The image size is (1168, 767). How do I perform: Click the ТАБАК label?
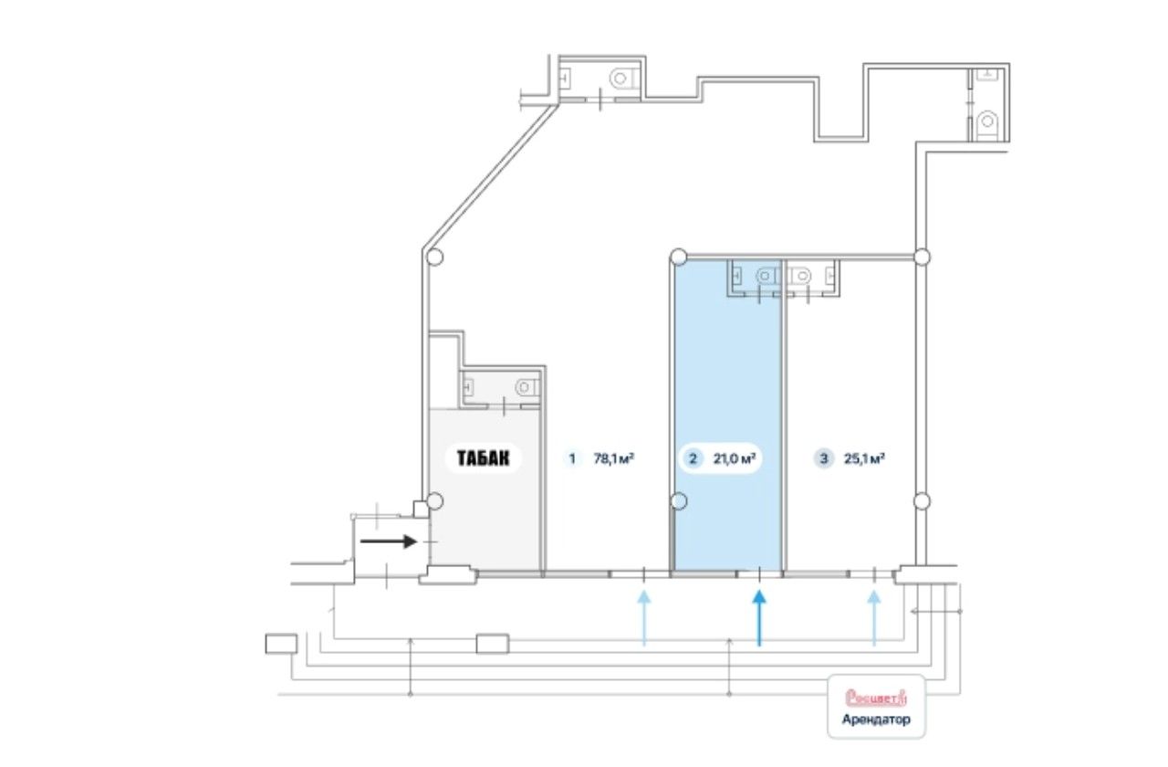pyautogui.click(x=483, y=458)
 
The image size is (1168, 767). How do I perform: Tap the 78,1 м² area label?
pyautogui.click(x=614, y=458)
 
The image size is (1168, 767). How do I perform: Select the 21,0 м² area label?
pyautogui.click(x=735, y=458)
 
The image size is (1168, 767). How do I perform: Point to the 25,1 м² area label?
pyautogui.click(x=864, y=458)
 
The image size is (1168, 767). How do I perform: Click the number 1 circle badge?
pyautogui.click(x=572, y=458)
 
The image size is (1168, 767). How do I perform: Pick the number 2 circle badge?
pyautogui.click(x=693, y=458)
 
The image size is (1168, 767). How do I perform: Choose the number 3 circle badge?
pyautogui.click(x=824, y=458)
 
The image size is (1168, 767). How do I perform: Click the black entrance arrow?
pyautogui.click(x=389, y=541)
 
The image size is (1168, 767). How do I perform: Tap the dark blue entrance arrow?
pyautogui.click(x=759, y=618)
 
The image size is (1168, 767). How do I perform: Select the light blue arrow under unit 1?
pyautogui.click(x=644, y=618)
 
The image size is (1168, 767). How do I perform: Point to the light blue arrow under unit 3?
pyautogui.click(x=874, y=618)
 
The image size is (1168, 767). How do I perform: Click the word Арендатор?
pyautogui.click(x=876, y=719)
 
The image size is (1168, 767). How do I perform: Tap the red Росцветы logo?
pyautogui.click(x=876, y=697)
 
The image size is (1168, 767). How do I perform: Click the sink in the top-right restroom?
pyautogui.click(x=986, y=75)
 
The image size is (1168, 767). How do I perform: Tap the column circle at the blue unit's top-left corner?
pyautogui.click(x=678, y=257)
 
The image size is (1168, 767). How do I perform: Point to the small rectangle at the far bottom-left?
pyautogui.click(x=281, y=644)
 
